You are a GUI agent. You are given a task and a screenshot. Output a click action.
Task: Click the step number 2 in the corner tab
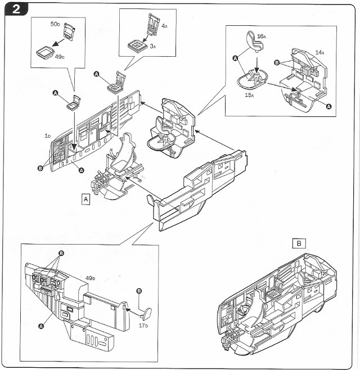point(16,10)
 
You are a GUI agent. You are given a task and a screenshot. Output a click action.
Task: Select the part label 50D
point(55,24)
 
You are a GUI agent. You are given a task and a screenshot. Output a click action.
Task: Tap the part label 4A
point(164,26)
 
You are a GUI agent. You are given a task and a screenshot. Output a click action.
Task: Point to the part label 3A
point(153,46)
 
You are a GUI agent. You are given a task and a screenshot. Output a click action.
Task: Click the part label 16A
point(262,37)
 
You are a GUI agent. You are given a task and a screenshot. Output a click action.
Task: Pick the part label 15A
point(249,95)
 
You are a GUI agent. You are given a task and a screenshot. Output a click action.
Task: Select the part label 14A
point(319,52)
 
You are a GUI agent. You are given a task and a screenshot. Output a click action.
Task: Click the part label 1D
point(48,136)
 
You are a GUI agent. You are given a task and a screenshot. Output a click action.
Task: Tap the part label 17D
point(143,326)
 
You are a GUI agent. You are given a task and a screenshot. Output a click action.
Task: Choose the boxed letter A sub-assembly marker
point(85,200)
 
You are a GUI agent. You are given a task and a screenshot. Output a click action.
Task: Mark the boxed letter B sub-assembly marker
point(299,243)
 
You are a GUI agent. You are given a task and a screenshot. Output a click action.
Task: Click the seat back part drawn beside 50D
point(69,31)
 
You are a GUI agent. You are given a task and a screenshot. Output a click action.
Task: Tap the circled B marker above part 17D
point(139,291)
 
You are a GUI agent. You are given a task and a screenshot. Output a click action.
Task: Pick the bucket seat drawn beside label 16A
point(254,42)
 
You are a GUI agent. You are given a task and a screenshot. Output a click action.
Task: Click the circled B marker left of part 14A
point(277,63)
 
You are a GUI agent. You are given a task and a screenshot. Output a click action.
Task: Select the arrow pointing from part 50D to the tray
point(58,42)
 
